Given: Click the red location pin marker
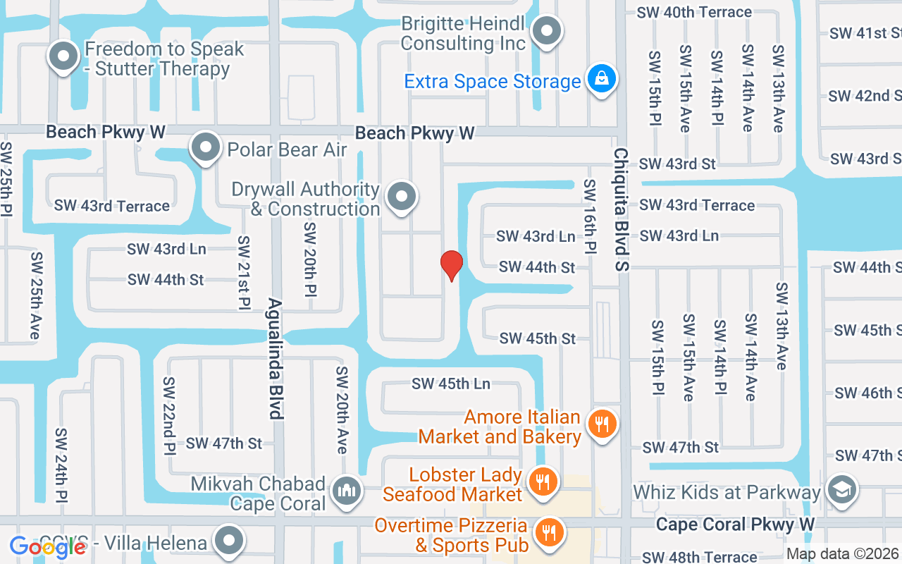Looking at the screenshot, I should [451, 265].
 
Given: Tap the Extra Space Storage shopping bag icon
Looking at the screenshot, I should [603, 79].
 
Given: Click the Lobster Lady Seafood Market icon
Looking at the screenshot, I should [542, 483].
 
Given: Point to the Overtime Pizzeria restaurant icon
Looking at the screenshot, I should [548, 533].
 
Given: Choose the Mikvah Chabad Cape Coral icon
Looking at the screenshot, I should [347, 490].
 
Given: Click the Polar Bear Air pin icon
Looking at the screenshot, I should [206, 148].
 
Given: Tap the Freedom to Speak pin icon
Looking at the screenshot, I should [63, 56].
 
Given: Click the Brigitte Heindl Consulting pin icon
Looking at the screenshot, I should [546, 31].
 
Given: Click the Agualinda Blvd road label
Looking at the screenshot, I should [276, 359].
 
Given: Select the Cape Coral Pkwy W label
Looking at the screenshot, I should [734, 525].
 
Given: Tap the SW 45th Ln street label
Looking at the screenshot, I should [451, 384].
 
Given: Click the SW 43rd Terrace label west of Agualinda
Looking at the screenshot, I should [112, 206].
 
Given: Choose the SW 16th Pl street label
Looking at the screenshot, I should [590, 216].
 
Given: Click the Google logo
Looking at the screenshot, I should [47, 546].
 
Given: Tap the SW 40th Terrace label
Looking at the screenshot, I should [694, 12].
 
